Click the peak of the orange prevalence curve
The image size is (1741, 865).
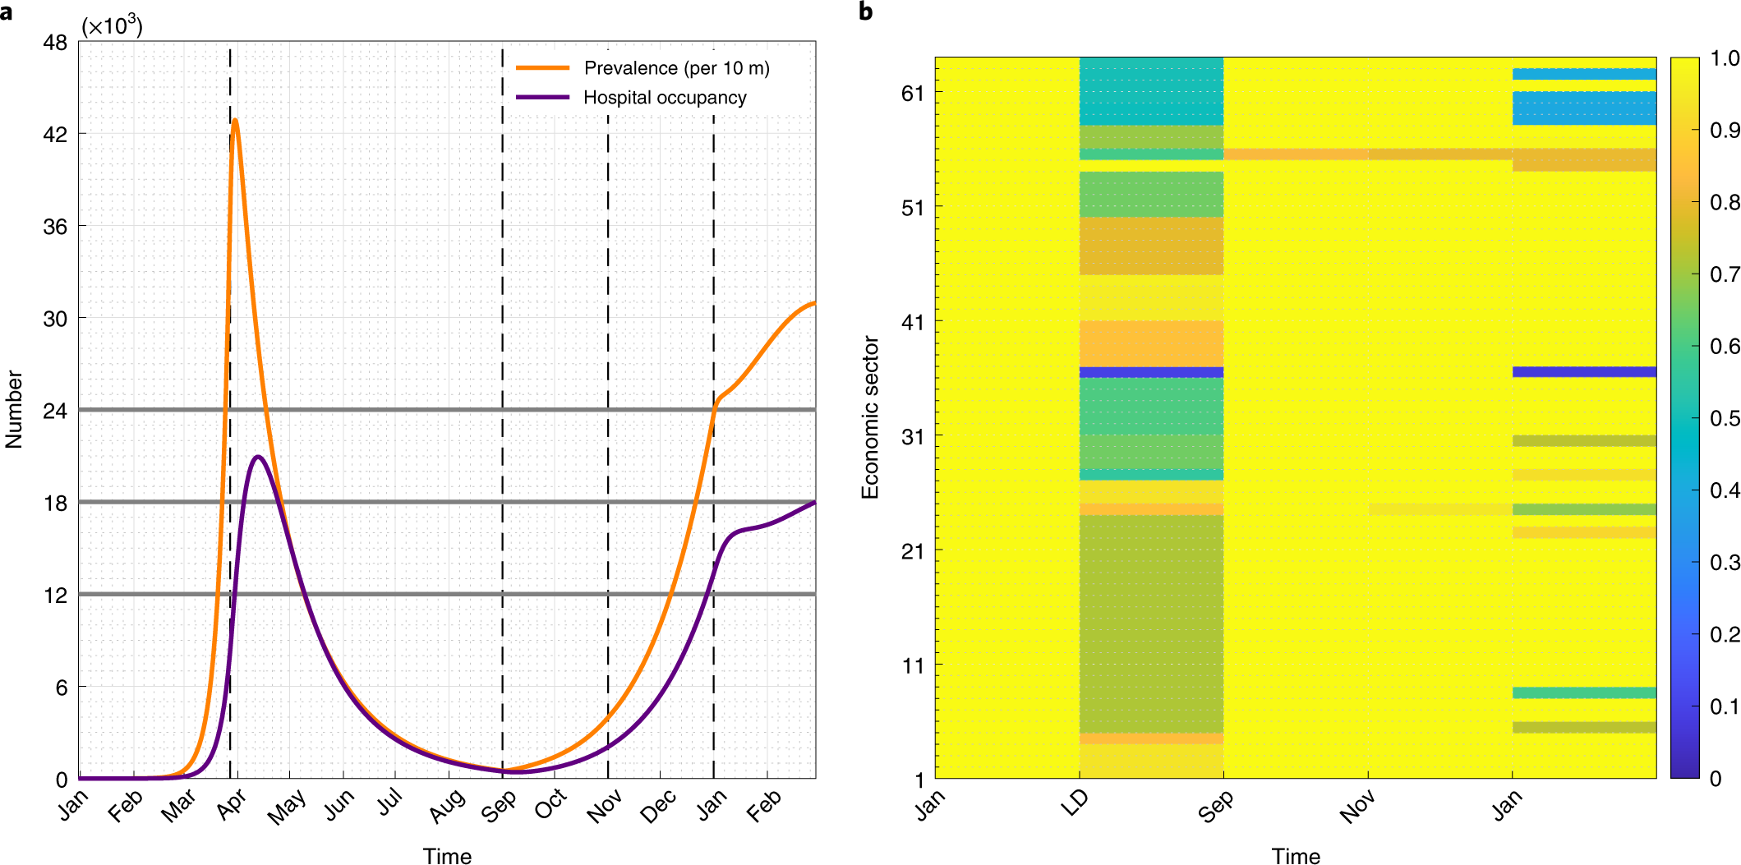tap(235, 121)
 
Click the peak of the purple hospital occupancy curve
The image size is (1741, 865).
tap(259, 457)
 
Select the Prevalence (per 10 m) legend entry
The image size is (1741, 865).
tap(676, 68)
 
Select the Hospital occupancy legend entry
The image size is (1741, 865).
tap(665, 98)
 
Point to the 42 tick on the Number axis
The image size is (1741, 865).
tap(55, 134)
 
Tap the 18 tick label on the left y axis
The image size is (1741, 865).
tap(55, 503)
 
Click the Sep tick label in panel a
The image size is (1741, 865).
tap(499, 806)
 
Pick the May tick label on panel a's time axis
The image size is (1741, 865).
tap(286, 806)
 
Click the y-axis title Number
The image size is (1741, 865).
tap(14, 409)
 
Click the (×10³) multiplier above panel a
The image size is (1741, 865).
tap(112, 26)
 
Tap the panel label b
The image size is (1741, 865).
tap(865, 12)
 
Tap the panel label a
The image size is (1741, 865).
tap(7, 12)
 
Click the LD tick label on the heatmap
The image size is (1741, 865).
tap(1074, 802)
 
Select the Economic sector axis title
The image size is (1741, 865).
tap(870, 417)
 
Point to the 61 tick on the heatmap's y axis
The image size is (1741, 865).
tap(913, 94)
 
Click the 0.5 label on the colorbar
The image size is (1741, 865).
tap(1724, 418)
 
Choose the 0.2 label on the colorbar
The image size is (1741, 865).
tap(1724, 634)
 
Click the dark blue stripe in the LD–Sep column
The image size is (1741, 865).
tap(1151, 372)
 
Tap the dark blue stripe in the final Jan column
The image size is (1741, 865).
tap(1584, 372)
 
